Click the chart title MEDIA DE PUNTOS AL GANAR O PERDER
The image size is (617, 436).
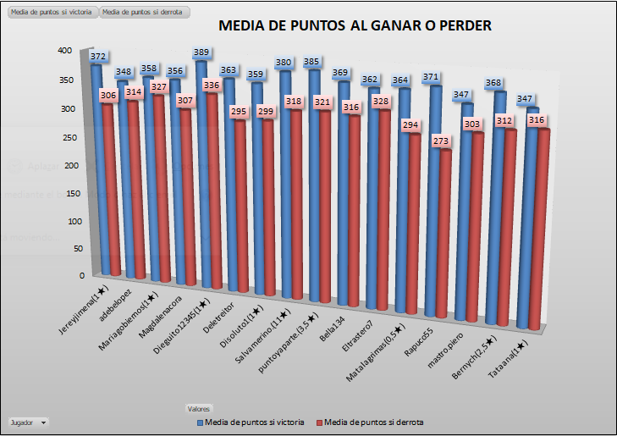(x=355, y=25)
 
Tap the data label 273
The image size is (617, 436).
(x=441, y=141)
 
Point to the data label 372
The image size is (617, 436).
(x=98, y=57)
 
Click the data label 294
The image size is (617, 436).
(x=413, y=125)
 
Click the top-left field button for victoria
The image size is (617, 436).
(x=51, y=13)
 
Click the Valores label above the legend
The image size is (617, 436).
(x=199, y=408)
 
